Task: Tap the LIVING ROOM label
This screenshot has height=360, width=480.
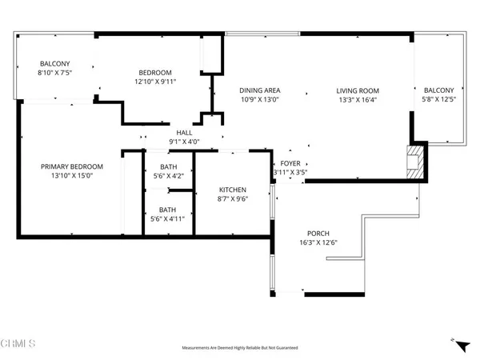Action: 356,90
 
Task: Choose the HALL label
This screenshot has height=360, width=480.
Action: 184,133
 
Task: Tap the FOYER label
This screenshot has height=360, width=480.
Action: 290,162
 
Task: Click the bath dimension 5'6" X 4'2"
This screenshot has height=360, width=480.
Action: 169,177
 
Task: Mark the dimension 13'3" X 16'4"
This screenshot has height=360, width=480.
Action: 356,101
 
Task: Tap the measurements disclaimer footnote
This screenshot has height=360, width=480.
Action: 240,349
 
